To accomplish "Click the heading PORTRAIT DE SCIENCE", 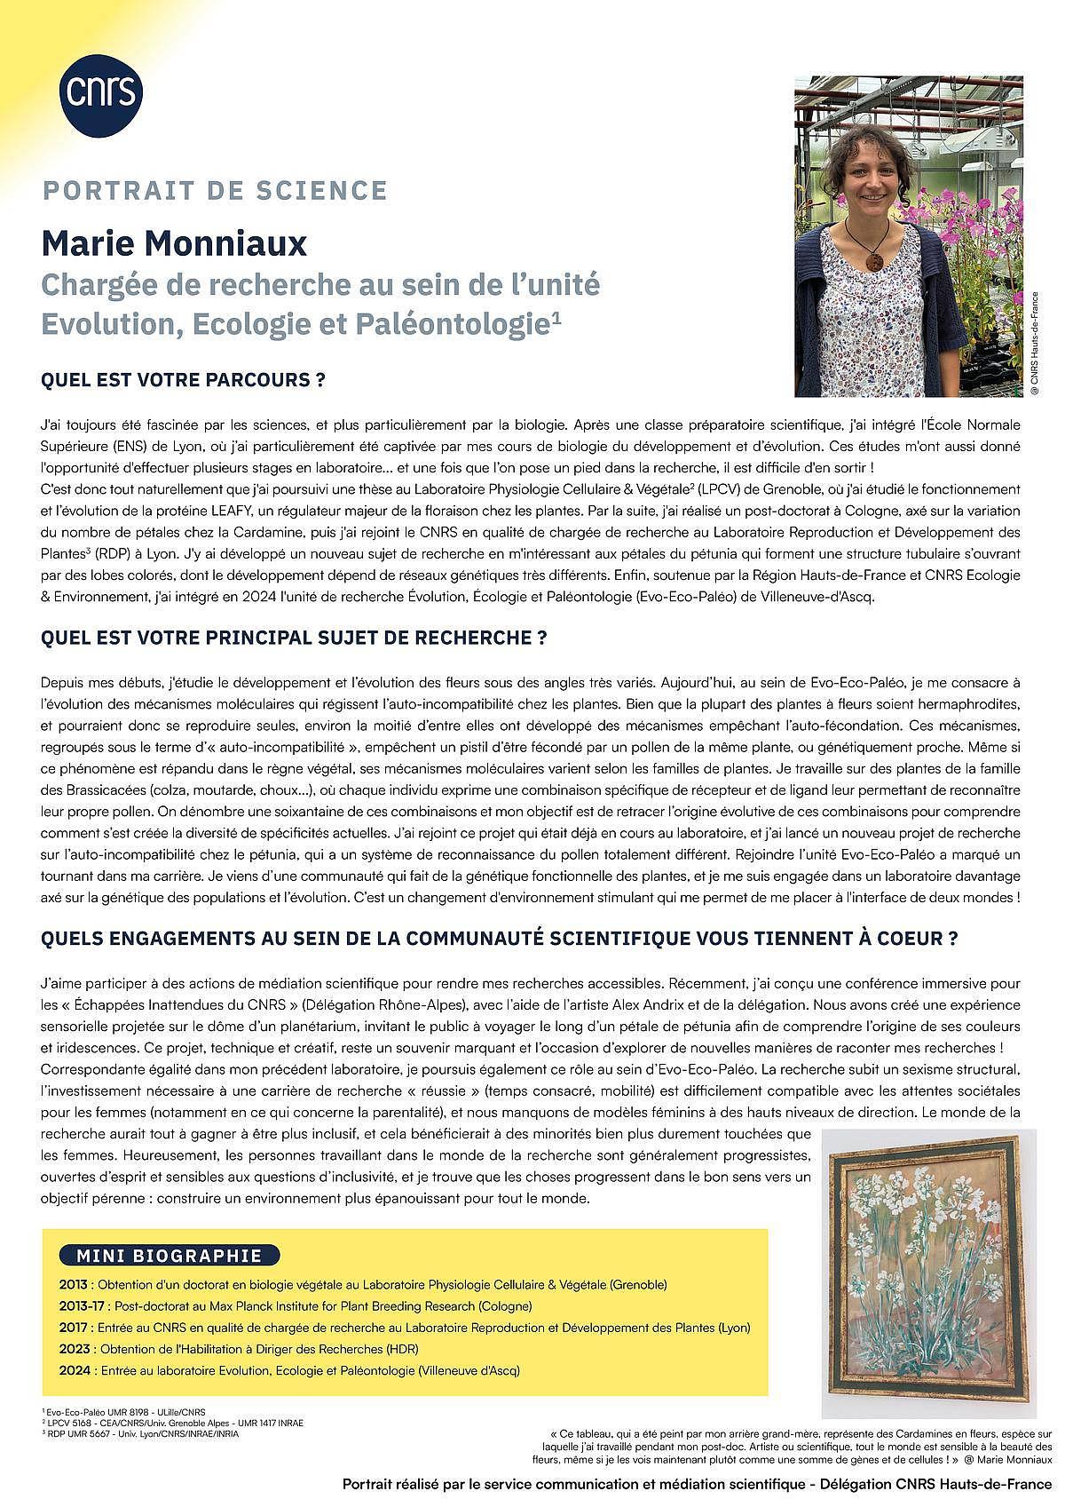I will [x=214, y=190].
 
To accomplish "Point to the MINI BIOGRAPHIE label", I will [x=170, y=1255].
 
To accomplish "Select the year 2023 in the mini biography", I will [x=73, y=1349].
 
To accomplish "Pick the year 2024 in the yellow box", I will [x=73, y=1370].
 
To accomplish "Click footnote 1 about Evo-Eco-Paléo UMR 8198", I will [x=123, y=1411].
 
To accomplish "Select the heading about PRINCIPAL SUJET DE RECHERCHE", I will [x=293, y=638].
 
